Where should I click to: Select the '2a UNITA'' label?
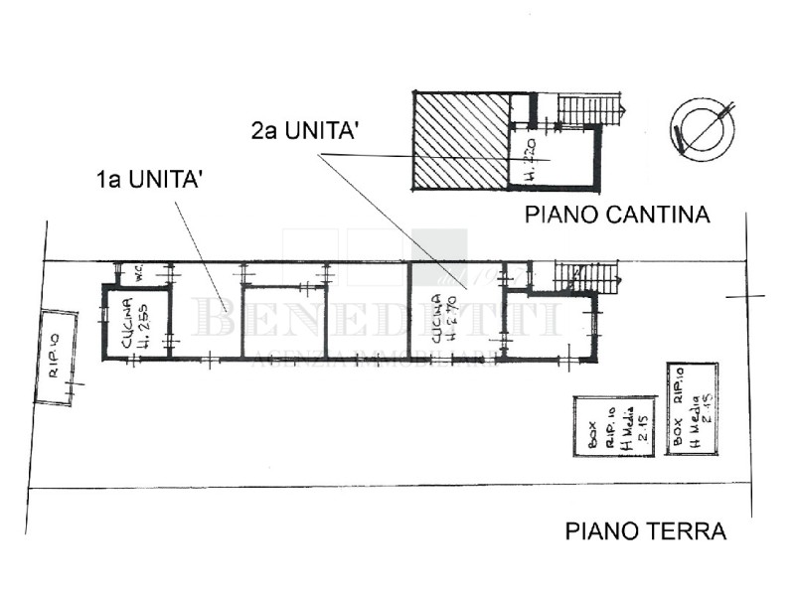(x=304, y=130)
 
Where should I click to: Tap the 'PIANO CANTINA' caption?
(x=617, y=214)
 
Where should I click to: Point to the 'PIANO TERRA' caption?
(x=645, y=531)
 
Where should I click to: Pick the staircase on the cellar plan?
(x=584, y=109)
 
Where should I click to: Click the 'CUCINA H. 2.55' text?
(x=136, y=321)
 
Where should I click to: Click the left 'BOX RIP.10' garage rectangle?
(x=615, y=426)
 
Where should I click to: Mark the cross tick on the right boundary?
(x=745, y=296)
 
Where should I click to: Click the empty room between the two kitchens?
(x=283, y=321)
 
